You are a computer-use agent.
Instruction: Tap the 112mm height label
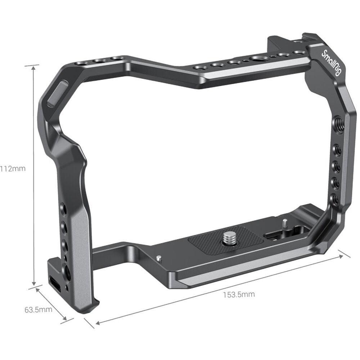tap(13, 168)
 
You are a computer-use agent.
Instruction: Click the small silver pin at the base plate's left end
tap(159, 258)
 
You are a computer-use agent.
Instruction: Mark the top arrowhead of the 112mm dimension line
tap(34, 67)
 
